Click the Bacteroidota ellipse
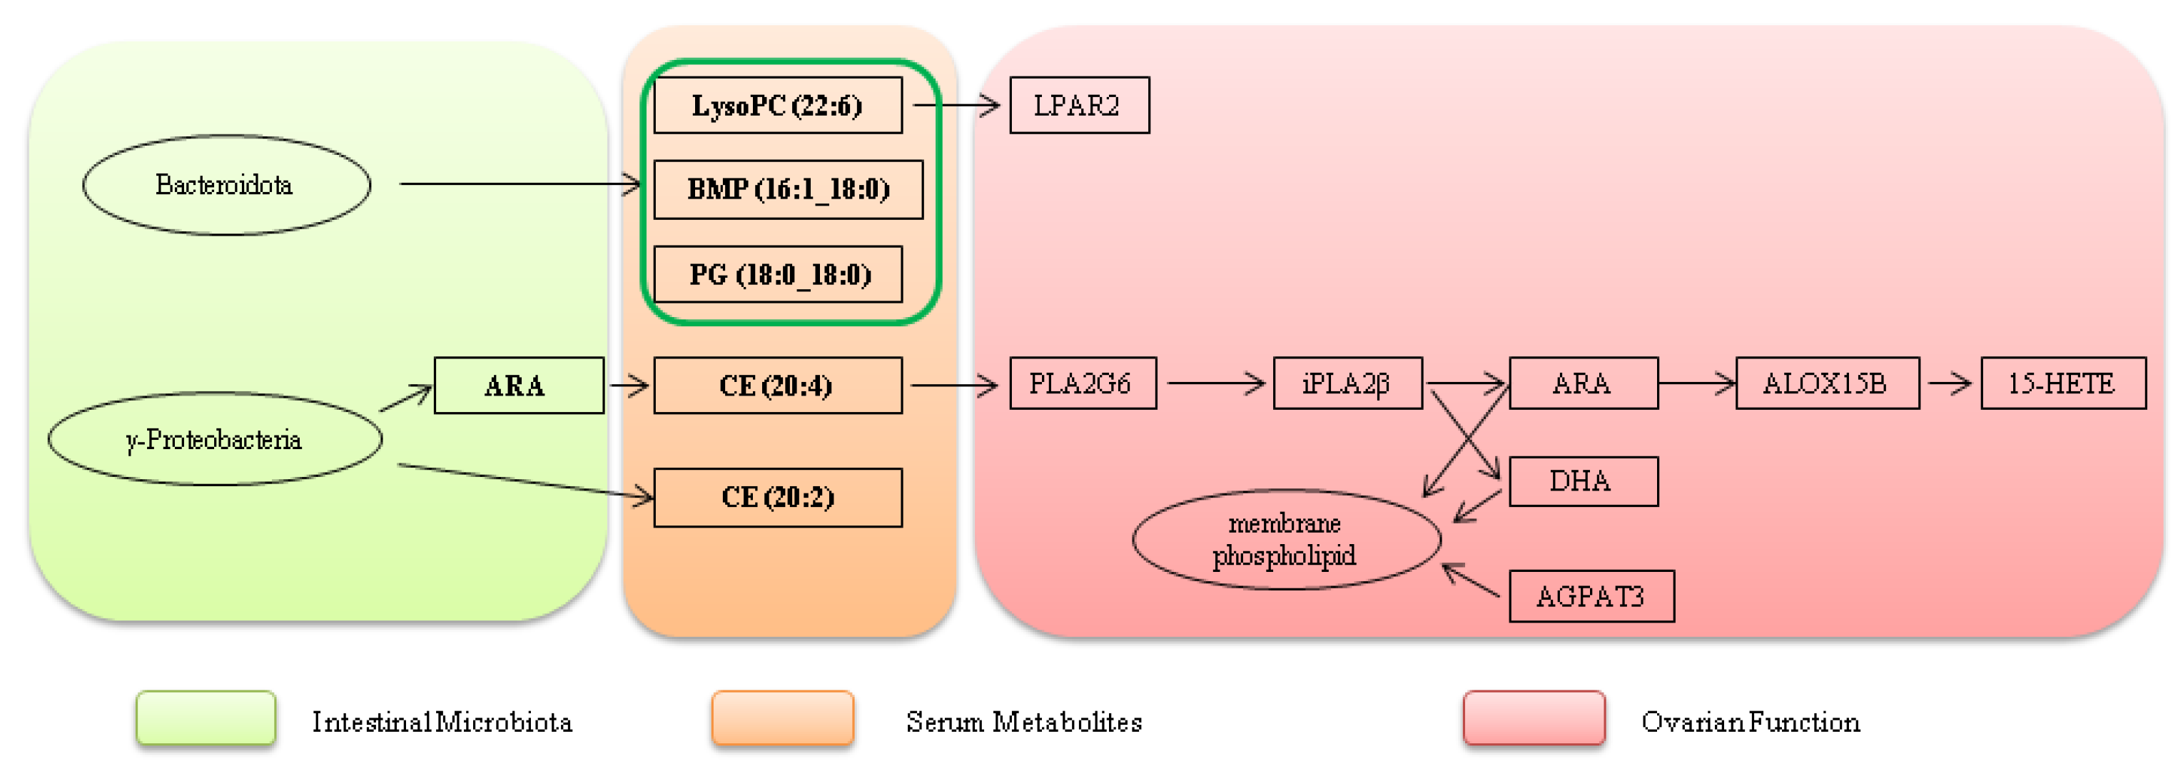[x=226, y=185]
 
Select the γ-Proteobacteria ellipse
[x=214, y=439]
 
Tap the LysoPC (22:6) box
[x=777, y=105]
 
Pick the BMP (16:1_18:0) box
[x=787, y=189]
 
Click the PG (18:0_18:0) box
[x=777, y=273]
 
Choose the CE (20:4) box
[x=777, y=386]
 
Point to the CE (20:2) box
[x=777, y=498]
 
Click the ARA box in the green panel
[x=518, y=386]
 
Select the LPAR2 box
[x=1079, y=105]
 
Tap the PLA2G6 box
[x=1082, y=383]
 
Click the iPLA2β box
[x=1347, y=383]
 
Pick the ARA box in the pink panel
[x=1582, y=383]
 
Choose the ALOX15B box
[x=1826, y=383]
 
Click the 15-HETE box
[x=2062, y=383]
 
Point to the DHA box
[x=1582, y=481]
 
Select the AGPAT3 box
[x=1591, y=596]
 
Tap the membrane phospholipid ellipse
[x=1285, y=539]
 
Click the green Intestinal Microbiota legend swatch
[x=206, y=719]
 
